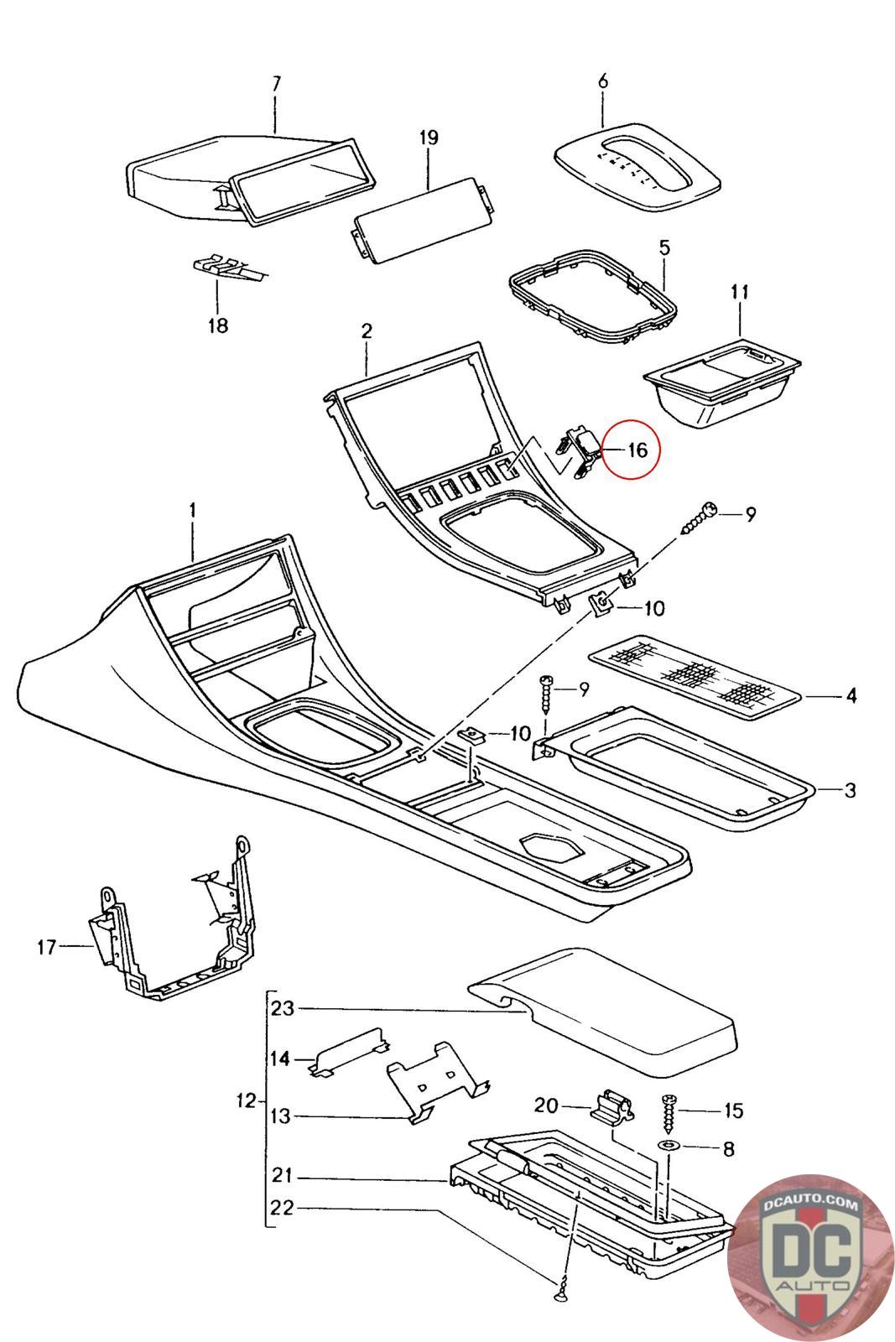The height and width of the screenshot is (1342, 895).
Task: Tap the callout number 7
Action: tap(276, 84)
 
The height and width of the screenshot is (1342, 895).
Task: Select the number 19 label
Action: tap(429, 138)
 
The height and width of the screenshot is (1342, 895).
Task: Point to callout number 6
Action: tap(602, 81)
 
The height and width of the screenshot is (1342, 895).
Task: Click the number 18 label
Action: tap(218, 325)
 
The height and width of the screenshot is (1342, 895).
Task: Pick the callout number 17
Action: tap(47, 947)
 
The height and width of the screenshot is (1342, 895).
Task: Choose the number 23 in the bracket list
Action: tap(283, 1008)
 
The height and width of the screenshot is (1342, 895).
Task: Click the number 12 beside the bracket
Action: tap(246, 1100)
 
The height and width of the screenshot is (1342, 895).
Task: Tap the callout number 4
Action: tap(851, 695)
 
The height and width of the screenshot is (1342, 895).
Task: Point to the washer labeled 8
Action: tap(668, 1146)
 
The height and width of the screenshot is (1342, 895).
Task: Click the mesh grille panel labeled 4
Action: tap(695, 677)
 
